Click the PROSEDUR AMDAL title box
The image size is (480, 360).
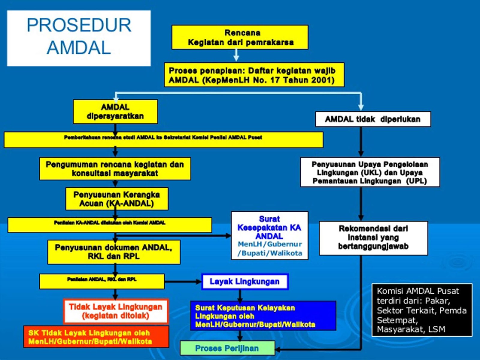click(x=79, y=38)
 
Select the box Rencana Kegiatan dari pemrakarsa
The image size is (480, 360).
click(x=240, y=37)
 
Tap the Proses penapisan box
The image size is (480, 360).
click(x=254, y=75)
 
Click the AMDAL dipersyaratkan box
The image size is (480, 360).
click(x=115, y=112)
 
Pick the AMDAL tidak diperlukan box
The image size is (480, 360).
click(x=373, y=119)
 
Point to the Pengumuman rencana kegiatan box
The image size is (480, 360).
click(x=115, y=169)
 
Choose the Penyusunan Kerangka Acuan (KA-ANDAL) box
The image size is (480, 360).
click(x=117, y=199)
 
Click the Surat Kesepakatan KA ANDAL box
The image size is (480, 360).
click(x=269, y=236)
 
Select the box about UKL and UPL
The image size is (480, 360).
click(x=370, y=172)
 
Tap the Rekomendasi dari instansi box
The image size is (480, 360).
click(x=373, y=238)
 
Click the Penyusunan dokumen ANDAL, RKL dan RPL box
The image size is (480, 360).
click(x=114, y=252)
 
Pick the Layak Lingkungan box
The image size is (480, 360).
click(x=244, y=281)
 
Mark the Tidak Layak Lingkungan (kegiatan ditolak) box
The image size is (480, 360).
click(x=115, y=311)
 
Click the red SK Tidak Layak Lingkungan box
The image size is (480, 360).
click(x=96, y=337)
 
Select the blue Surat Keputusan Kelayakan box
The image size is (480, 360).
click(x=263, y=316)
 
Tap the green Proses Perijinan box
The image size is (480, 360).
click(x=227, y=348)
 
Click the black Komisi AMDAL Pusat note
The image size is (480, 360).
click(x=421, y=310)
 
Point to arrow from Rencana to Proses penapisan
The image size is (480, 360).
click(x=236, y=55)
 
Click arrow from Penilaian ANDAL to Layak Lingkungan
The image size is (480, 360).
click(x=183, y=281)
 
